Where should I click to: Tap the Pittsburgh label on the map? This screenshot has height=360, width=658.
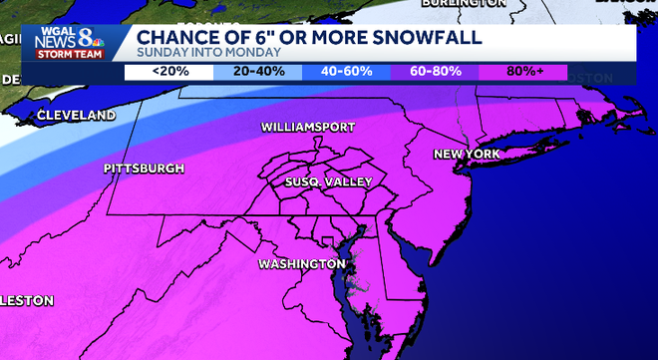point(144,169)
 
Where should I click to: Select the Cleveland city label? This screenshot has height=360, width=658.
point(76,116)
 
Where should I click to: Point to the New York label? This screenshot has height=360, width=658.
point(466,154)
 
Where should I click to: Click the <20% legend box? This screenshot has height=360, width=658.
point(167,72)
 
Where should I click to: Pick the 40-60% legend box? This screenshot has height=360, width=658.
point(345,72)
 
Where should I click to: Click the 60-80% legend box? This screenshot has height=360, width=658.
point(434,72)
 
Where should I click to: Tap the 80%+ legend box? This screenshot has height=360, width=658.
point(522,72)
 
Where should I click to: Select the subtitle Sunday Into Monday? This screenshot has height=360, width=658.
point(201,54)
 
